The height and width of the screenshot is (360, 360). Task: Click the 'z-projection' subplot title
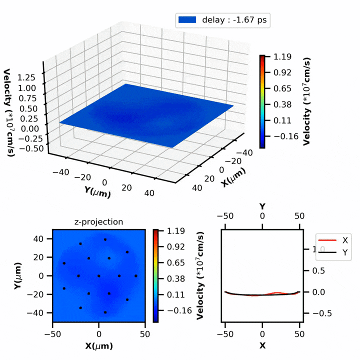[x=98, y=222]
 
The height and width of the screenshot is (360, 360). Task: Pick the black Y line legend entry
[x=345, y=253]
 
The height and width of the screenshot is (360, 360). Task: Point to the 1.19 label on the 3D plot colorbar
[x=279, y=57]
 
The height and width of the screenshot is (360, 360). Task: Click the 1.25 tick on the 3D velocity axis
[x=31, y=77]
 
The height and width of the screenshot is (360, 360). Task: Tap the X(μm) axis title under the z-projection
[x=98, y=346]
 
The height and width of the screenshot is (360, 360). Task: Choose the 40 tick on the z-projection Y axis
[x=43, y=239]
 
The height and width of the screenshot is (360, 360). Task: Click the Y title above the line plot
[x=262, y=206]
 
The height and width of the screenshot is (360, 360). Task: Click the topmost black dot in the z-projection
[x=105, y=239]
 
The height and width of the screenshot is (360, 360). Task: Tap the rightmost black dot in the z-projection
[x=136, y=275]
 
